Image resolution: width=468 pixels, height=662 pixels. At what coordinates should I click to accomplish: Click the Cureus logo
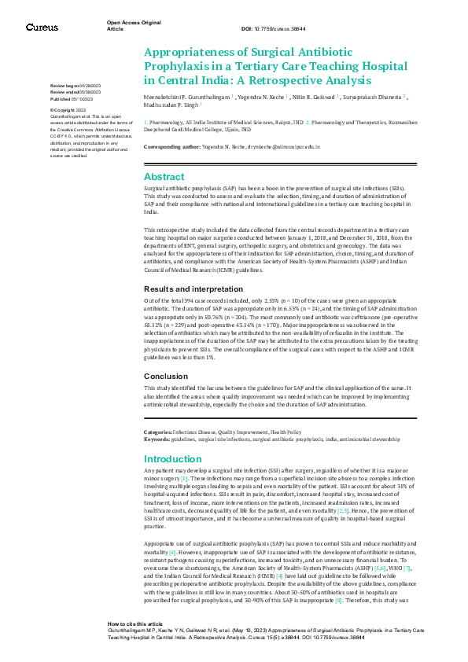pos(41,26)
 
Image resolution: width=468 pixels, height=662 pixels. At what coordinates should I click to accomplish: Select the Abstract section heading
pos(164,177)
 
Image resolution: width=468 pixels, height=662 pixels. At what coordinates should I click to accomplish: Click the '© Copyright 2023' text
pos(68,110)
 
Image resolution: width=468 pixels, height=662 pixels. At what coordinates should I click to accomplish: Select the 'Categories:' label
pos(159,432)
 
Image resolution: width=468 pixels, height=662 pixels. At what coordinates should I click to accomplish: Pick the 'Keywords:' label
pos(157,439)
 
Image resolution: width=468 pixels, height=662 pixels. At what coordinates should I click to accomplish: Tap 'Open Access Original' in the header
pos(134,23)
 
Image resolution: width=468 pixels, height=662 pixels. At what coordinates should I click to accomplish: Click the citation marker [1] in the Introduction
pos(184,478)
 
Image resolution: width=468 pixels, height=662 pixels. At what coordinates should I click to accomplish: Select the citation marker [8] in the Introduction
pos(338,600)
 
